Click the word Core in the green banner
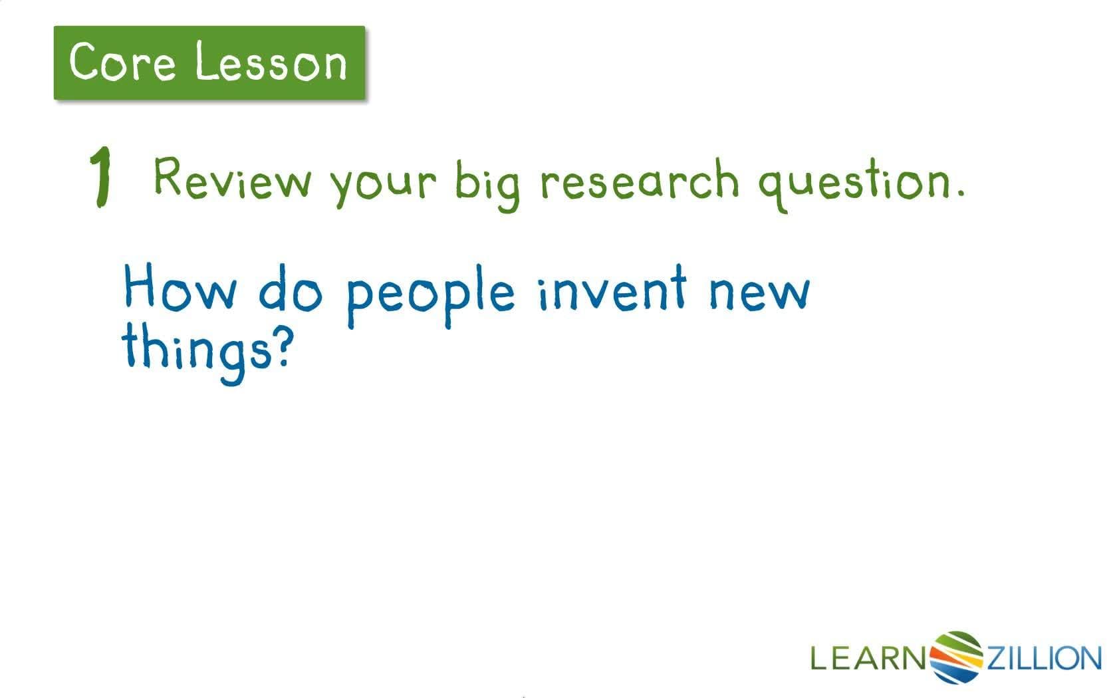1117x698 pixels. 122,62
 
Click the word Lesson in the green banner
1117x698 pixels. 271,63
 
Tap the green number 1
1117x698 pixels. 100,177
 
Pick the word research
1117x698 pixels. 639,180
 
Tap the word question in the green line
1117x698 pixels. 854,183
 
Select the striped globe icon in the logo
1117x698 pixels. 957,657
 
